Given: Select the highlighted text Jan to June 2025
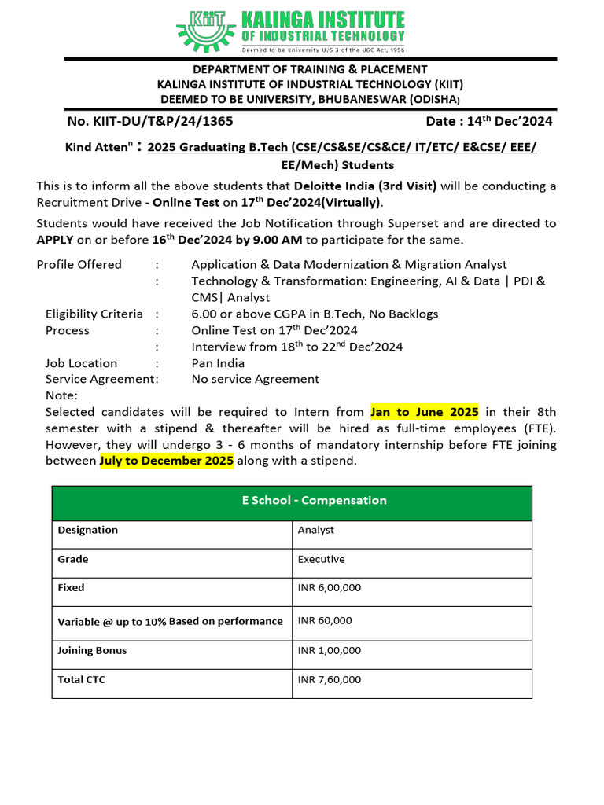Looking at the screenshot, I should tap(425, 412).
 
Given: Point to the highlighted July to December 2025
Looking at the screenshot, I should tap(167, 461).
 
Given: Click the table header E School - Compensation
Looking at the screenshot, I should tap(292, 501).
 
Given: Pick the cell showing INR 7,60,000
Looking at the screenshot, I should tap(330, 679).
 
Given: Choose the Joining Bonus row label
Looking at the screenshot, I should tap(92, 650).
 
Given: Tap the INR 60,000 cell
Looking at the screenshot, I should tap(325, 620).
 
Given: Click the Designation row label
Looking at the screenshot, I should tap(87, 530).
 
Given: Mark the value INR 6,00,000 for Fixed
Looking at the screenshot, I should tap(330, 587).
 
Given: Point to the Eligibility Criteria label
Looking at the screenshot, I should tap(94, 314).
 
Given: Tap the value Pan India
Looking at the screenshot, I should tap(218, 363).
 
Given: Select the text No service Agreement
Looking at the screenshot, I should tap(256, 379).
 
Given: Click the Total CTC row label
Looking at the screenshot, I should tap(82, 679).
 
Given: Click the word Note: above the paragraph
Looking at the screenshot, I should tap(61, 395).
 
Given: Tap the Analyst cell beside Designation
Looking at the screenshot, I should tap(316, 530).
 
